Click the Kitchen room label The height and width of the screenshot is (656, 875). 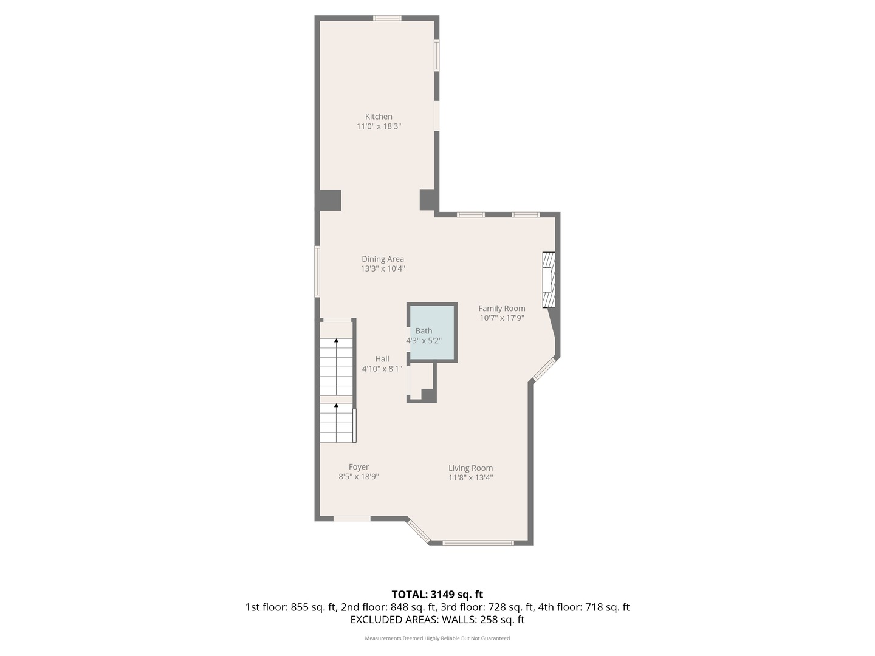coord(379,117)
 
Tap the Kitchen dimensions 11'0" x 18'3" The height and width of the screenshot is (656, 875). coord(379,126)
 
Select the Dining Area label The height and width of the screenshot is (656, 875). coord(383,259)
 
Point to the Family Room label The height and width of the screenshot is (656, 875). coord(502,308)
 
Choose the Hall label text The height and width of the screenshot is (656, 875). coord(382,359)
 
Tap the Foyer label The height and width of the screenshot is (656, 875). coord(359,467)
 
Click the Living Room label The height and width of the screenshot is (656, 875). coord(470,468)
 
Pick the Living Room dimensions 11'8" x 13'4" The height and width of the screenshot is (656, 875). coord(470,477)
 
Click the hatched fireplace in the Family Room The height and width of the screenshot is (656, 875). coord(549,279)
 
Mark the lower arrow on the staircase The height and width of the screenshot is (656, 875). coord(336,405)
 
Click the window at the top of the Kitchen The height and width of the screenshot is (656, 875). coord(387,18)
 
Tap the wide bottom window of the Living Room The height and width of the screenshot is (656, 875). coord(478,543)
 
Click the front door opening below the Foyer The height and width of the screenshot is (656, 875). coord(352,519)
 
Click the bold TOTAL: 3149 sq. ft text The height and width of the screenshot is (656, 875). coord(437,594)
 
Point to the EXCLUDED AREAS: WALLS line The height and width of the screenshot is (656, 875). coord(437,620)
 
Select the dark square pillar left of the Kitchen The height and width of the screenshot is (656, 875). coord(329,200)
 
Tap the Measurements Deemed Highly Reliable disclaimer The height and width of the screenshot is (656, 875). coord(437,638)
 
